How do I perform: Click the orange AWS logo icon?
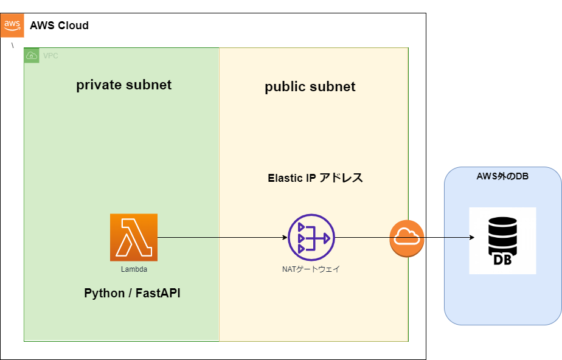coord(12,25)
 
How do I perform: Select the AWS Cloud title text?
coord(59,26)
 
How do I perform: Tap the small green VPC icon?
coord(32,55)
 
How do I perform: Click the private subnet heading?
coord(123,85)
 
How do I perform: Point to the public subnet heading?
coord(310,87)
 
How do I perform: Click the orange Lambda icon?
coord(134,237)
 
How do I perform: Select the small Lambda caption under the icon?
coord(133,268)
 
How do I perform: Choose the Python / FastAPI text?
coord(132,294)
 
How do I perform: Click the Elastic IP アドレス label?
coord(315,178)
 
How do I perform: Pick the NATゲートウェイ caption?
coord(311,268)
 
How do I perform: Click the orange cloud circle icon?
coord(406,237)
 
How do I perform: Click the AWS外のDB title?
coord(502,176)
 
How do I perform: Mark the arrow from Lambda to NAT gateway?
coord(222,237)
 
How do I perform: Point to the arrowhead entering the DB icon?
coord(471,237)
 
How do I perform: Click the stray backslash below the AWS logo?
coord(12,46)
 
